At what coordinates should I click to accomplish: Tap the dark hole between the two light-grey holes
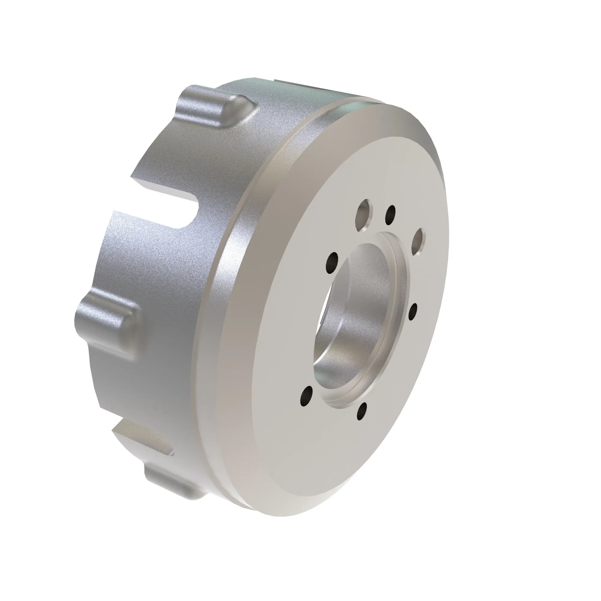pos(390,214)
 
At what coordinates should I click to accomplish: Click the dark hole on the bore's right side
pos(413,312)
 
